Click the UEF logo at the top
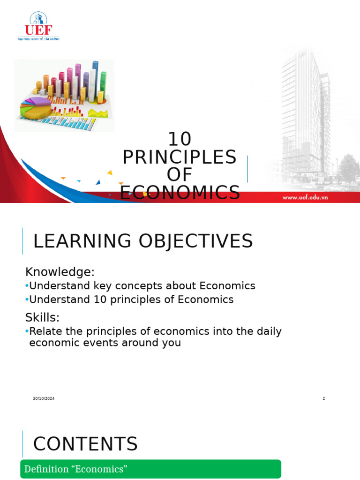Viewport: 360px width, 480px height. [x=38, y=26]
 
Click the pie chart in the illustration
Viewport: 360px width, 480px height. [x=35, y=107]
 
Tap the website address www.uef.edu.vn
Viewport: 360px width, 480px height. [x=305, y=197]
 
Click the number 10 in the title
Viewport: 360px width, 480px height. [x=180, y=139]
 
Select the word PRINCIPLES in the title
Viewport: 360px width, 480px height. [x=180, y=157]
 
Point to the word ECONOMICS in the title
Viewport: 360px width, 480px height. [x=180, y=193]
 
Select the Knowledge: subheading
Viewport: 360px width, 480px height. [x=60, y=272]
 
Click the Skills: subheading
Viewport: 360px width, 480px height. [x=43, y=317]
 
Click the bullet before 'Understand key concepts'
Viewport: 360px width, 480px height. [x=27, y=286]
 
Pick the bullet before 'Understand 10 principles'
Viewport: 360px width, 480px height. [x=27, y=300]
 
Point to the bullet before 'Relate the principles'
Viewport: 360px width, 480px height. [x=27, y=331]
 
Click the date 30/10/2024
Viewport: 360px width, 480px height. [x=44, y=398]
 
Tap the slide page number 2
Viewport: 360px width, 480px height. [x=323, y=398]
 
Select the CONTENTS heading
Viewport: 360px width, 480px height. [x=85, y=444]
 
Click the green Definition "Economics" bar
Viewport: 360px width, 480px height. [x=150, y=469]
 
